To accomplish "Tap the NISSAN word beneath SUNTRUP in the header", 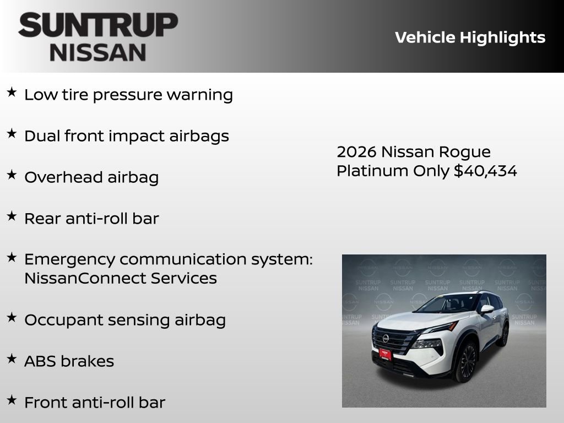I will [98, 52].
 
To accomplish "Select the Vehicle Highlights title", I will [470, 37].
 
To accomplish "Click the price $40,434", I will [485, 171].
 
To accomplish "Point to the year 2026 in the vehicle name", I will [356, 151].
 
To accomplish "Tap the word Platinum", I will [373, 171].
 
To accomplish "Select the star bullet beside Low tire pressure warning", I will [12, 93].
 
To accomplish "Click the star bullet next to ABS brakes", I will [12, 359].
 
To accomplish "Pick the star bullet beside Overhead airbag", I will [12, 175].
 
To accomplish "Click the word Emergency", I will [69, 259].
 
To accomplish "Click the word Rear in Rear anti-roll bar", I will [42, 218].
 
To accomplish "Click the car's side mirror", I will [486, 309].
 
